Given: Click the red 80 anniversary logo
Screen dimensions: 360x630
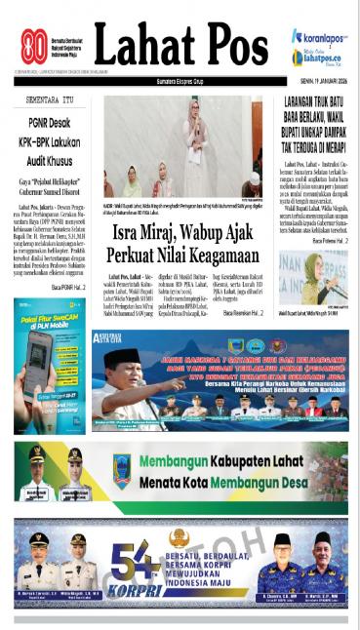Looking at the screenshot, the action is [x=35, y=46].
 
